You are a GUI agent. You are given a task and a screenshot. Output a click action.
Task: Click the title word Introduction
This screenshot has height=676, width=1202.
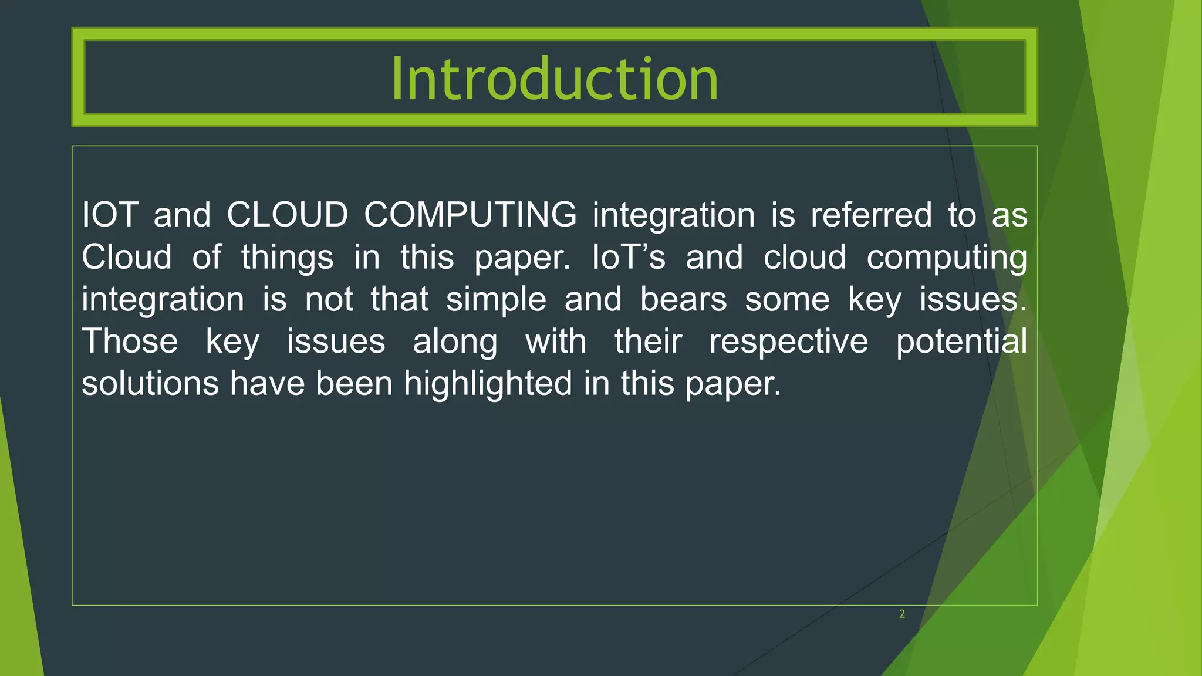point(555,79)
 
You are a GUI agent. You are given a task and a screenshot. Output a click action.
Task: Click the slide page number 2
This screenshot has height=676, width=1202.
point(902,614)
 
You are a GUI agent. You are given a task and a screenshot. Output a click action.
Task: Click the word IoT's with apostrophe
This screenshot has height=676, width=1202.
point(629,257)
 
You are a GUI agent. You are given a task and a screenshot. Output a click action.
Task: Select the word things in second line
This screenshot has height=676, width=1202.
point(287,257)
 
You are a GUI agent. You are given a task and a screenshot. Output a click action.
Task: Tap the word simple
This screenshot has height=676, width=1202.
point(496,299)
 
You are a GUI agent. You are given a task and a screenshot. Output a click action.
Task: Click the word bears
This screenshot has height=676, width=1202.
point(683,299)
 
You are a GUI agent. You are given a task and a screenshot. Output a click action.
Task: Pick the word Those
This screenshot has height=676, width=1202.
point(130,342)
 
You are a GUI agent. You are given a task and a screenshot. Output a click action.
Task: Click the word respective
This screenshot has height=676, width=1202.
point(788,342)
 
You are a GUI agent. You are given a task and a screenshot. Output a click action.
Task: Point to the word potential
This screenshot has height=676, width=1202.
point(961,342)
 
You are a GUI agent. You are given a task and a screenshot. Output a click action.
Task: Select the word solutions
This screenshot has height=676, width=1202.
point(150,383)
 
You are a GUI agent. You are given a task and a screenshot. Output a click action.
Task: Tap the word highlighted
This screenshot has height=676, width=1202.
point(488,383)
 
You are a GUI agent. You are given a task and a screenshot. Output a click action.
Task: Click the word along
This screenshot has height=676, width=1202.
point(455,342)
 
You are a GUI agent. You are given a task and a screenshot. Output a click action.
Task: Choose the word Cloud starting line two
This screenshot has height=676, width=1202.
point(127,257)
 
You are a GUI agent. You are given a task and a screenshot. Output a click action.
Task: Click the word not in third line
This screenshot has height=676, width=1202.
point(329,299)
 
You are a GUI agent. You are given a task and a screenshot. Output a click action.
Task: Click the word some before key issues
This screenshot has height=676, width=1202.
point(787,299)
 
